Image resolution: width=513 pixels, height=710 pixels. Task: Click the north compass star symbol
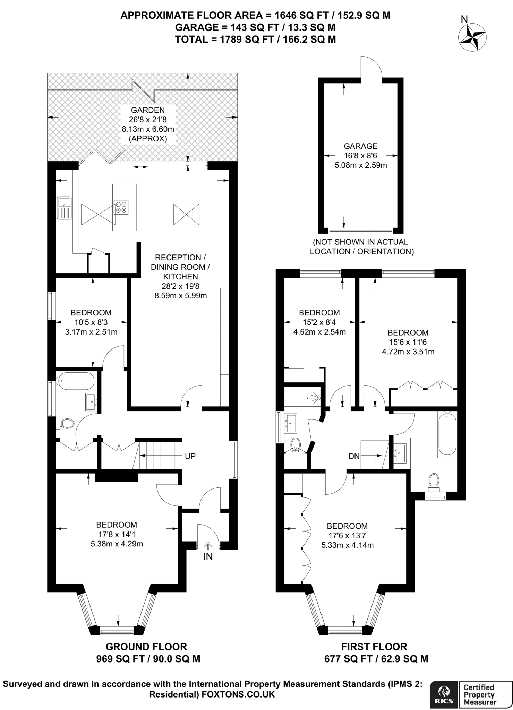point(472,37)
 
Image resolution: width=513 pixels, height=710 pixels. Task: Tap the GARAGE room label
point(360,146)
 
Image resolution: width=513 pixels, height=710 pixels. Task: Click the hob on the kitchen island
point(121,207)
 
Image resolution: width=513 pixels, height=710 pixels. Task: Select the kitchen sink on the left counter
point(65,208)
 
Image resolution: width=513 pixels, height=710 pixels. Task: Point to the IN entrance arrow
point(208,546)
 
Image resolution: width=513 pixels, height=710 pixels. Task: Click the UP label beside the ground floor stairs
point(190,456)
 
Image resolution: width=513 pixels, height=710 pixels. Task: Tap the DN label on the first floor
point(354,456)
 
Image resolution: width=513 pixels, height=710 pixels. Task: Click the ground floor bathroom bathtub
point(76,381)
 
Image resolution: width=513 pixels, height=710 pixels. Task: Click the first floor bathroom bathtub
point(447,434)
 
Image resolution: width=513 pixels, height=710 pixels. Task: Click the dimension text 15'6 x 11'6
point(408,342)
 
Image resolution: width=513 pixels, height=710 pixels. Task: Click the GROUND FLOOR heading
point(146,647)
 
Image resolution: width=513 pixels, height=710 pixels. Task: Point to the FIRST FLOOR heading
point(374,647)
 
